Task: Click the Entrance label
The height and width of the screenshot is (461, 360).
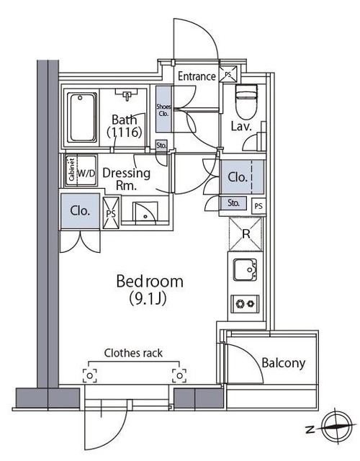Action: coord(197,76)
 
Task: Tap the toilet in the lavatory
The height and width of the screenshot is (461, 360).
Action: coord(246,102)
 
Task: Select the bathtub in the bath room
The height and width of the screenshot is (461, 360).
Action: coord(82,117)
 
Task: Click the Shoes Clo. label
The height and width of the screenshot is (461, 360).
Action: coord(163,110)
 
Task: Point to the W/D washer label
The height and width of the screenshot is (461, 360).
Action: coord(86,174)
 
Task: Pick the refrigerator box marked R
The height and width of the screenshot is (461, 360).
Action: coord(246,234)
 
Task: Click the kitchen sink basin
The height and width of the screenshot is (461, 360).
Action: coord(246,269)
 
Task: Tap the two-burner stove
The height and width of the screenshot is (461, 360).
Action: coord(245,303)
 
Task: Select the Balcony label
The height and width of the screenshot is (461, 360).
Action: coord(283,362)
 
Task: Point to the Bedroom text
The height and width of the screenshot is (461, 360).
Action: coord(150,281)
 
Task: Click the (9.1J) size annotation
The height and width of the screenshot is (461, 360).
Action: coord(148,298)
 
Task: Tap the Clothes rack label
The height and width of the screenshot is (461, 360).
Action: coord(133,353)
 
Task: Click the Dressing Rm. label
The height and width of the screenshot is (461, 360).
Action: coord(127,179)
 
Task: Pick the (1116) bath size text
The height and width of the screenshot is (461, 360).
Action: coord(125,133)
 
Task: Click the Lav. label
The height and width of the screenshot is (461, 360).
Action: coord(241,127)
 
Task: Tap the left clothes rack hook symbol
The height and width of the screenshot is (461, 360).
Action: coord(89,376)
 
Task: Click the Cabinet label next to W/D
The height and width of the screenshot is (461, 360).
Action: coord(71,170)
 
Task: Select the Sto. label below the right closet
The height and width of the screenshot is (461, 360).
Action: coord(233,202)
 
